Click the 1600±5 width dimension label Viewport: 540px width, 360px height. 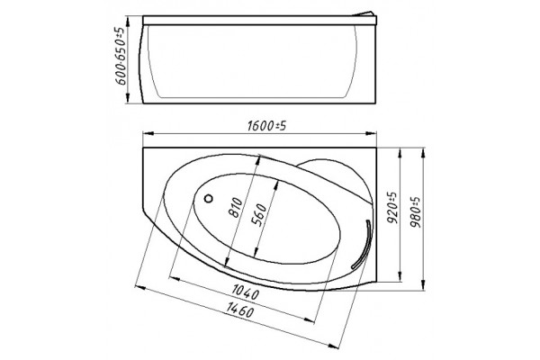[x=266, y=126]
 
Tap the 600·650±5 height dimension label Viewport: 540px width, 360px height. [x=121, y=56]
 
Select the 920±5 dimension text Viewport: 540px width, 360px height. [x=391, y=208]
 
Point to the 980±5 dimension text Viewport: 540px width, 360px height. [x=415, y=212]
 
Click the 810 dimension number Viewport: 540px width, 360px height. [x=236, y=207]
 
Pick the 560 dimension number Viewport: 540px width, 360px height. [x=258, y=215]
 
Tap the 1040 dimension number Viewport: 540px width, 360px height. [x=245, y=292]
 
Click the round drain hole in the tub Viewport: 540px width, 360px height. [x=209, y=198]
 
